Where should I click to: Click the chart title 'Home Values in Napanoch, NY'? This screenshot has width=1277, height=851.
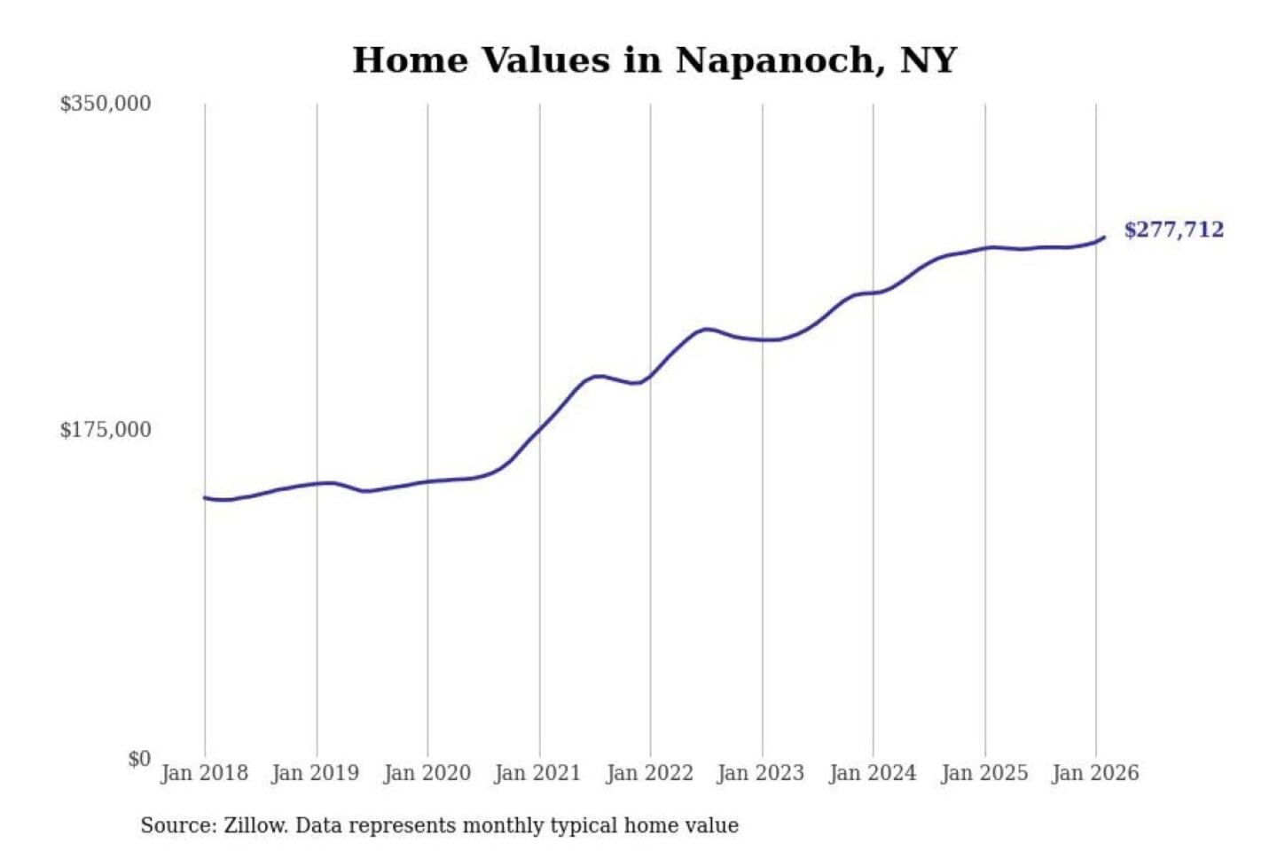coord(654,60)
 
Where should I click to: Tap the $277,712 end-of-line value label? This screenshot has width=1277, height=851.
coord(1173,230)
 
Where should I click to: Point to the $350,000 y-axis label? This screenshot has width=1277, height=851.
coord(105,104)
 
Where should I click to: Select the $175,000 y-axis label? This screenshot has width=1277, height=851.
coord(105,430)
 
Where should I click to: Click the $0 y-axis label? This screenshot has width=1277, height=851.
coord(139,759)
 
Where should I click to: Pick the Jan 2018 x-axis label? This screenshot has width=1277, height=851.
coord(204,773)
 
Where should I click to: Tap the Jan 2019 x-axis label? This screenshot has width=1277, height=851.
coord(315,773)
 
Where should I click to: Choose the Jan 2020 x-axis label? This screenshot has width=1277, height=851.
coord(427,773)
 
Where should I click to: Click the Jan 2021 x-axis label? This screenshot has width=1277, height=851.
coord(537,773)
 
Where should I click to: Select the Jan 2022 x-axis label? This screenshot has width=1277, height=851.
coord(649,773)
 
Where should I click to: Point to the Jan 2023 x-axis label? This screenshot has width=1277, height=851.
coord(760,773)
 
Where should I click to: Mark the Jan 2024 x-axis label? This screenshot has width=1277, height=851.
coord(872,773)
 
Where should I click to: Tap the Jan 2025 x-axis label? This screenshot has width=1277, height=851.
coord(983,773)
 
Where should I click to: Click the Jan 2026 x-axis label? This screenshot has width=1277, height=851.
coord(1094,773)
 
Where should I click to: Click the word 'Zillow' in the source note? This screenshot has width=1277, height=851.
coord(255,825)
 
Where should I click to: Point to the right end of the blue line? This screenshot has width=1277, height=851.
coord(1103,238)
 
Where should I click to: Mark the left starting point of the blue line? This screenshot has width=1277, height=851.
coord(205,498)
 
